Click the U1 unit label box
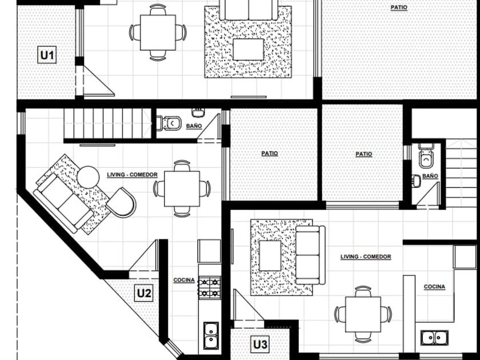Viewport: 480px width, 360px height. (x=47, y=55)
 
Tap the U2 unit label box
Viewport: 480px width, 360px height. (x=144, y=293)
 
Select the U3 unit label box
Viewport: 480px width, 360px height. (x=261, y=345)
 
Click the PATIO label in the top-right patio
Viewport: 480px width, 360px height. (x=399, y=7)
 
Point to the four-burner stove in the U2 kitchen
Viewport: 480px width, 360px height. (x=210, y=288)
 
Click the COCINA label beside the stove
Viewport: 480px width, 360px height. (x=184, y=280)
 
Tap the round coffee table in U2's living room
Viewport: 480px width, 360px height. (x=88, y=177)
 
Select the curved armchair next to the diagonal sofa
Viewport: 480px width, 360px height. (x=122, y=202)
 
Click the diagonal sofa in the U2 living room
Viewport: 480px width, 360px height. (x=63, y=203)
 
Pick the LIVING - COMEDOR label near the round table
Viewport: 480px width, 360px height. (x=132, y=175)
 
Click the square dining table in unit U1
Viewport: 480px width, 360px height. (x=158, y=33)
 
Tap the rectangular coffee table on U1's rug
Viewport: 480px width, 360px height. (x=248, y=49)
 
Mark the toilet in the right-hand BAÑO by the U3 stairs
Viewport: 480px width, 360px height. (x=426, y=156)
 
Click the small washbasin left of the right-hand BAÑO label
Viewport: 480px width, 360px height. (x=416, y=181)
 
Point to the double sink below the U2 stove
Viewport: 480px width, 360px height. (x=211, y=335)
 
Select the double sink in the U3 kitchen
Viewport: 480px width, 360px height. (x=434, y=338)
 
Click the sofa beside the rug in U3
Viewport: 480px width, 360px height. (x=310, y=255)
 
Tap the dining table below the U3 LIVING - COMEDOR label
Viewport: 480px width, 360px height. (x=363, y=314)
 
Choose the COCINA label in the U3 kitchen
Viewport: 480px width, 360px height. (x=434, y=287)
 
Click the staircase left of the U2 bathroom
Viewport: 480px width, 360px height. (x=108, y=123)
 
